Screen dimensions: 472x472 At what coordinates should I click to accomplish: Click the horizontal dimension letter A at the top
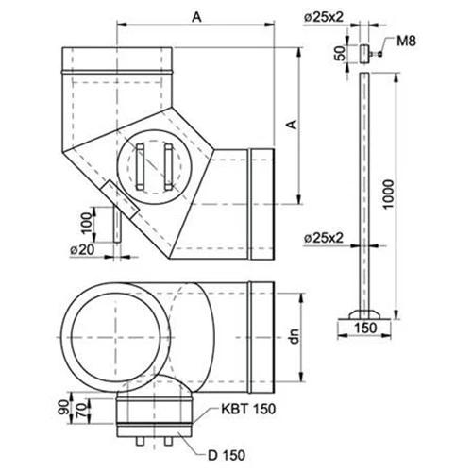(x=195, y=16)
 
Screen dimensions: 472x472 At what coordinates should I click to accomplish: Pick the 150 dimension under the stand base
(x=363, y=328)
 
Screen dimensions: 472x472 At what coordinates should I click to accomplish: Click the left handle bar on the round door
(x=139, y=168)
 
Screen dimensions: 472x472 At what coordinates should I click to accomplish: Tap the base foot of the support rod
(x=363, y=312)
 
